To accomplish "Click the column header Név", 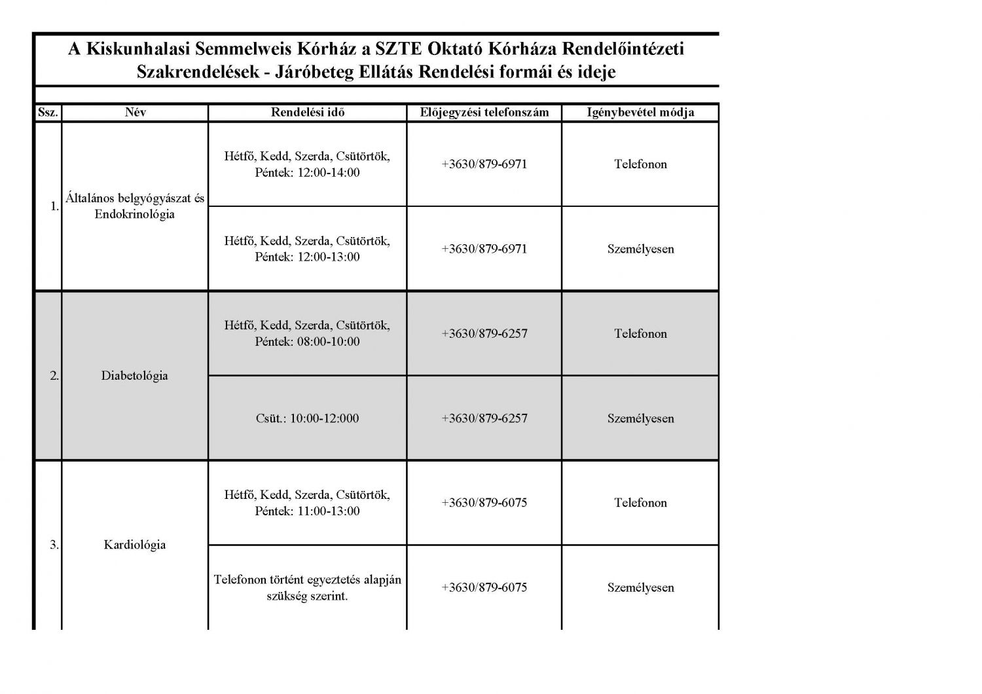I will coord(135,113).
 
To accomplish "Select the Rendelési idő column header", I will coord(307,113).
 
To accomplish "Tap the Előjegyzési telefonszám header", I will coord(484,113).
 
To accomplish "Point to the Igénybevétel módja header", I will coord(640,113).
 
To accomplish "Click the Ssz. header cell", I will coord(48,113).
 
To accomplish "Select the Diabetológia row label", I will coord(134,376).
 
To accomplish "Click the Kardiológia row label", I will coord(134,545).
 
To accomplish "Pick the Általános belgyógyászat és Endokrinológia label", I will coord(135,206).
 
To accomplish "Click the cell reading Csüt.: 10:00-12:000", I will coord(307,418).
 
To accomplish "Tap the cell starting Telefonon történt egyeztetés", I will coord(307,587).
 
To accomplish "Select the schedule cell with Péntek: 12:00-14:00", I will coord(307,164).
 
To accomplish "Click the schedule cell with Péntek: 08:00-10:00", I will coord(307,333).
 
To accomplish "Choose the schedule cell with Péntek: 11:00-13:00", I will coord(307,503).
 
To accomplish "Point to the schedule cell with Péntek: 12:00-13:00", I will coord(307,249).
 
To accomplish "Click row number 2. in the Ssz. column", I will coord(54,376).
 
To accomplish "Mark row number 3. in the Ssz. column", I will coord(54,545).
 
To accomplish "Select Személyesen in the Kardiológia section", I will coord(640,587).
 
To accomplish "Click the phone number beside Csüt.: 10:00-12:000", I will coord(484,418).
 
